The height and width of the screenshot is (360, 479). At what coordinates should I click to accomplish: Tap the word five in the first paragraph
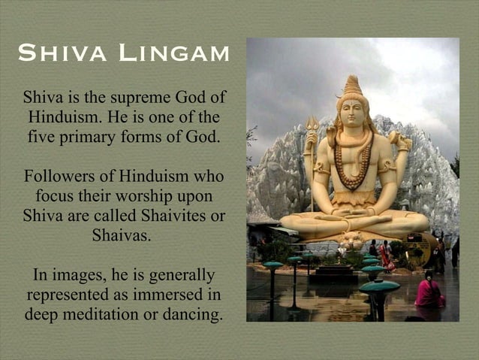click(x=41, y=138)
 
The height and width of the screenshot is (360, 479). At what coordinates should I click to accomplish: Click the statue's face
click(x=353, y=113)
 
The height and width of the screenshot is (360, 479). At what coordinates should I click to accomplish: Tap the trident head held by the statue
click(x=312, y=124)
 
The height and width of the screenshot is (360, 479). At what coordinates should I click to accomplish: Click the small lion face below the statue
click(x=352, y=242)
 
